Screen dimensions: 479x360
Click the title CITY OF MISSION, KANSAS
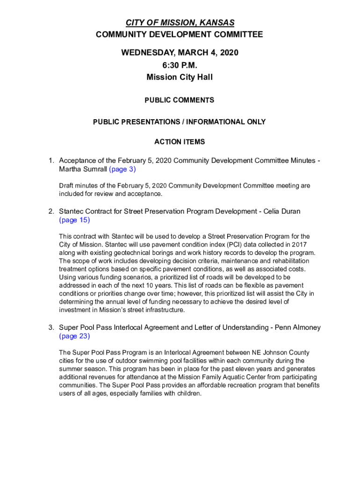click(180, 23)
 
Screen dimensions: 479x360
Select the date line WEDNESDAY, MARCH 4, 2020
click(180, 53)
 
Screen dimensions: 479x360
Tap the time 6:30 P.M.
click(180, 65)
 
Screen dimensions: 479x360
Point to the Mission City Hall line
click(180, 77)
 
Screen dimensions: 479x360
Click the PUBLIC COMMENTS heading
click(180, 100)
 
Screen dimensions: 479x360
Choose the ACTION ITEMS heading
click(180, 142)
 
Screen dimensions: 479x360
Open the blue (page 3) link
click(122, 169)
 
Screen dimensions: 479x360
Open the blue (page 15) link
click(74, 220)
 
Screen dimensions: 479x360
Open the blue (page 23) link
click(74, 336)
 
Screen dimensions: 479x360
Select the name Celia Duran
click(282, 211)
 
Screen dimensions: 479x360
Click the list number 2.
click(51, 211)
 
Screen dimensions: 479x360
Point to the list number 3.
click(51, 327)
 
